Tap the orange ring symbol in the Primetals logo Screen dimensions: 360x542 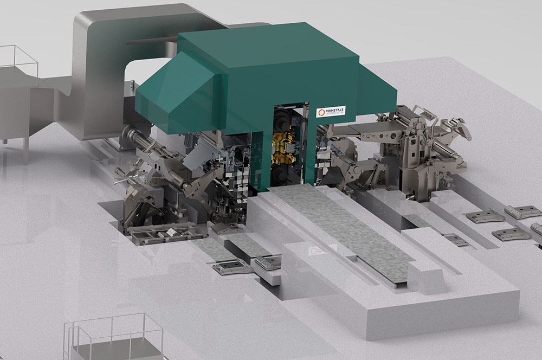point(320,113)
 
